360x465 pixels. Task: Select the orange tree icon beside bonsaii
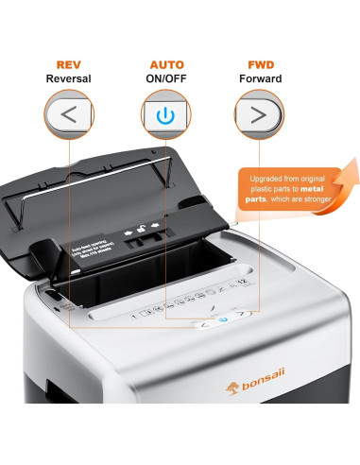pos(146,409)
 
